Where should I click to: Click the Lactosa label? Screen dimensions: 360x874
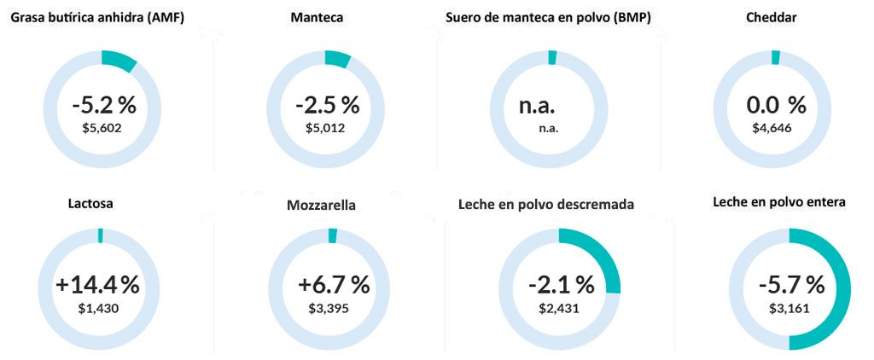coord(90,204)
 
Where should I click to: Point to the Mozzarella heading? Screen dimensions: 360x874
coord(322,206)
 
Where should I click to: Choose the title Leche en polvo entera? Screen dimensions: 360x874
coord(779,203)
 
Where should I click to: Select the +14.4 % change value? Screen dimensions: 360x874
coord(97,284)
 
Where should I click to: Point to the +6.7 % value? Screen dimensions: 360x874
coord(334,284)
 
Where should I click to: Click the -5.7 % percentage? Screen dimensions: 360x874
coord(791,284)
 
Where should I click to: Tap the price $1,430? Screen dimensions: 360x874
coord(98,307)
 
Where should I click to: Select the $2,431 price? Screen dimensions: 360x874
coord(559,307)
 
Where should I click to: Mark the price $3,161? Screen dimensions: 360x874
coord(790,307)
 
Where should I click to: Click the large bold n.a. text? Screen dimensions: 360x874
coord(537,107)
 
